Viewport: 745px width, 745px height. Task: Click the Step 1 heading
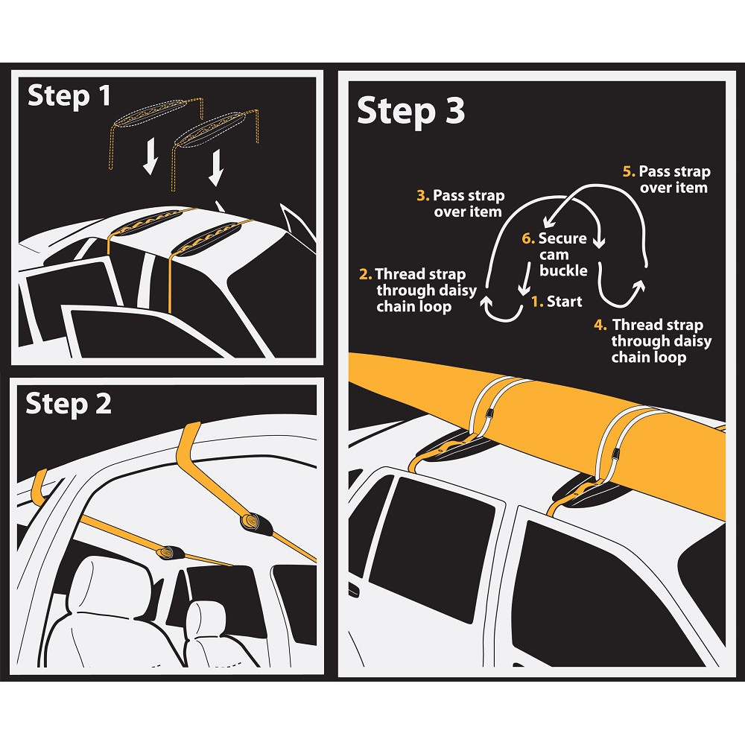coord(69,97)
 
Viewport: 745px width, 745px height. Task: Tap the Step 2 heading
coord(69,404)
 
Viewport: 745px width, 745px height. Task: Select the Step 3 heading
coord(410,112)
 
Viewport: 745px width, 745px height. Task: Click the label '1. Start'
coord(557,302)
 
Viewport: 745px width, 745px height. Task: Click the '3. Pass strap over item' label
coord(461,203)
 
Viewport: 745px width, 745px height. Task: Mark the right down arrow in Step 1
coord(216,168)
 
